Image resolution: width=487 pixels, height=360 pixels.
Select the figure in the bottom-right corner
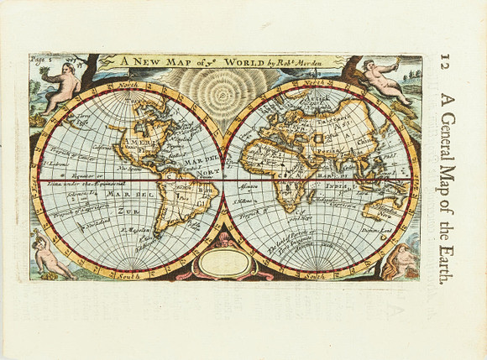(x=401, y=262)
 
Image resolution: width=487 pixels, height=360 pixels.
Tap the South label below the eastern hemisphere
(x=316, y=275)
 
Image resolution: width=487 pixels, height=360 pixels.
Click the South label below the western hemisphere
(x=128, y=275)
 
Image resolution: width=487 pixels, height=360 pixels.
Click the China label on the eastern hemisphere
(x=368, y=142)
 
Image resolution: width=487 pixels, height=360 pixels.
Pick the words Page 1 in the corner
(x=41, y=60)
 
